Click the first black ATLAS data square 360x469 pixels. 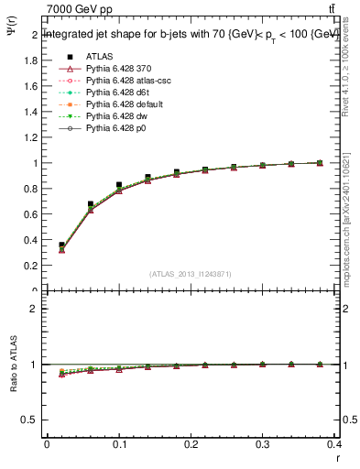tap(61, 245)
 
